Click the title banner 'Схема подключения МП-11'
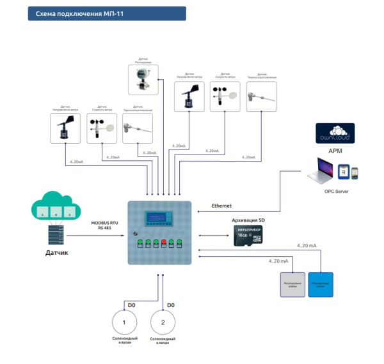[x=106, y=14]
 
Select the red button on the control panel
[x=163, y=242]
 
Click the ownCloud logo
[x=337, y=137]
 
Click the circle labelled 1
[x=124, y=321]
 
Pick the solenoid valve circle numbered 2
[x=163, y=321]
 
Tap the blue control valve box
[x=321, y=284]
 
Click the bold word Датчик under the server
[x=56, y=254]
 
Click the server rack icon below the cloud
[x=55, y=235]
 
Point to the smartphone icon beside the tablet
[x=355, y=172]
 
